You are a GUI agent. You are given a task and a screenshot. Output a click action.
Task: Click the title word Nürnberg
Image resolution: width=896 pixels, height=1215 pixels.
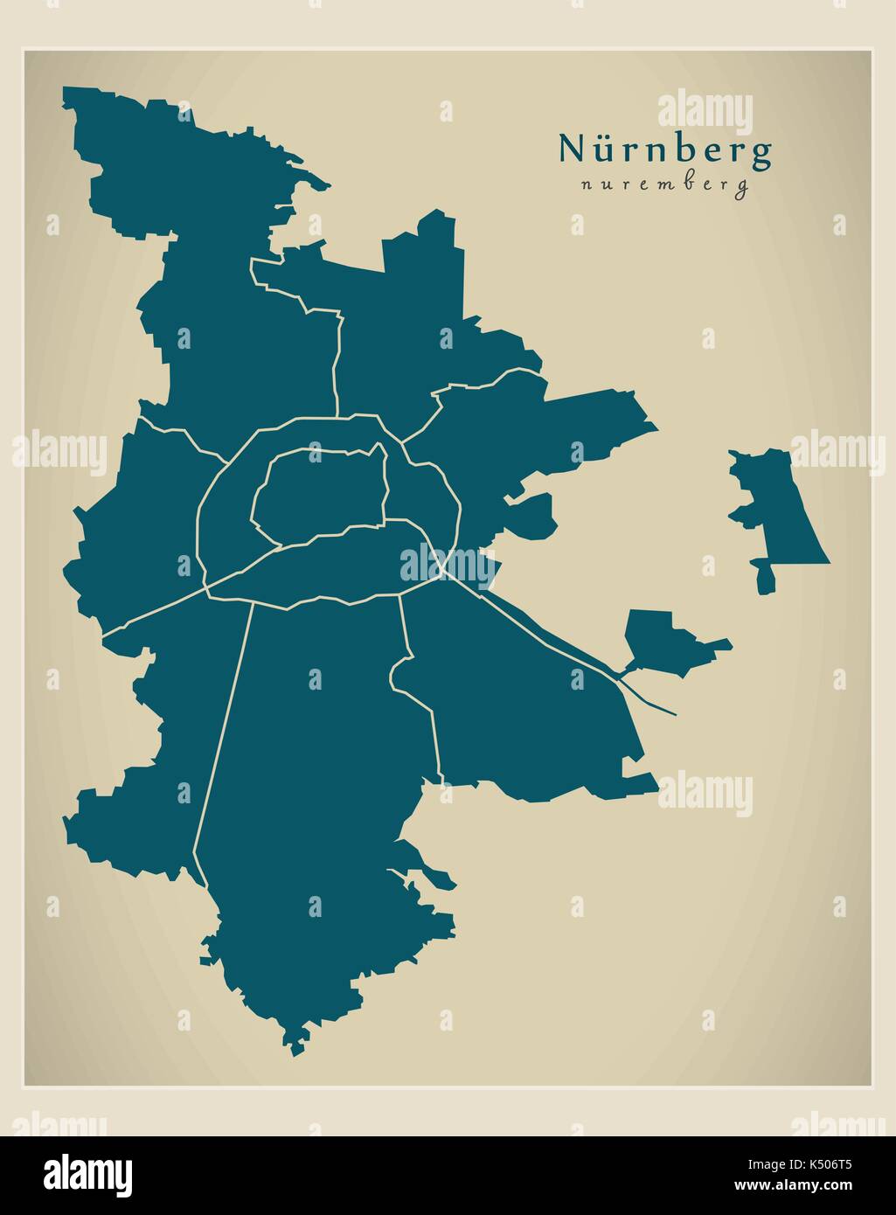coord(665,149)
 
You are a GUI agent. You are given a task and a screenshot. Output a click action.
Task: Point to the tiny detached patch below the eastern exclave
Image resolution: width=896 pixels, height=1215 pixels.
coord(765,578)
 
